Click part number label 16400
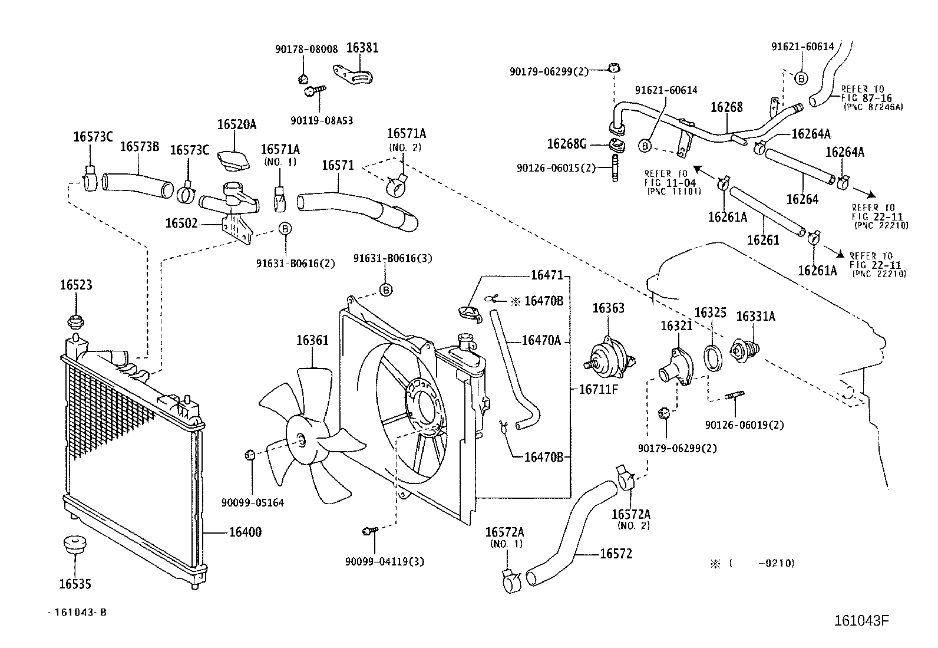[245, 532]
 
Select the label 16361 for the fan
[312, 340]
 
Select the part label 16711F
[597, 389]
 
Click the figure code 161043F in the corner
[861, 621]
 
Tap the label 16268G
[566, 143]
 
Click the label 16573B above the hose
[140, 147]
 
